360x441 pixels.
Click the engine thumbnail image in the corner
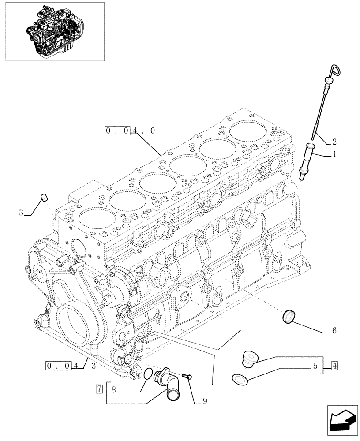[54, 31]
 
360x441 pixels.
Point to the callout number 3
[21, 213]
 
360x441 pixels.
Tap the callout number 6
[334, 330]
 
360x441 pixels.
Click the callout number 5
[315, 365]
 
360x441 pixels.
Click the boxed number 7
[100, 389]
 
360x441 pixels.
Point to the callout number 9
[205, 401]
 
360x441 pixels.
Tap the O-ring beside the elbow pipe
[148, 374]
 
